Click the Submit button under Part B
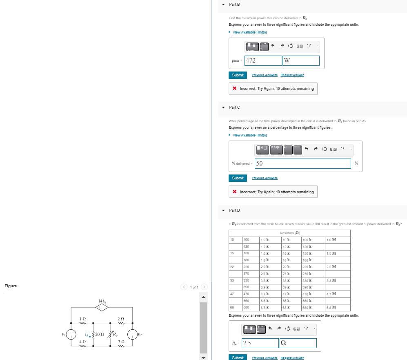click(x=238, y=75)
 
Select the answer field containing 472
click(x=263, y=60)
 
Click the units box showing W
click(x=301, y=60)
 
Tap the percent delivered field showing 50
click(x=302, y=163)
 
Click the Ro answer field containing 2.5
click(x=260, y=343)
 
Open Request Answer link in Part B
click(x=292, y=75)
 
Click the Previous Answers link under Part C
click(x=265, y=178)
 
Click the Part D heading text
click(x=234, y=210)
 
